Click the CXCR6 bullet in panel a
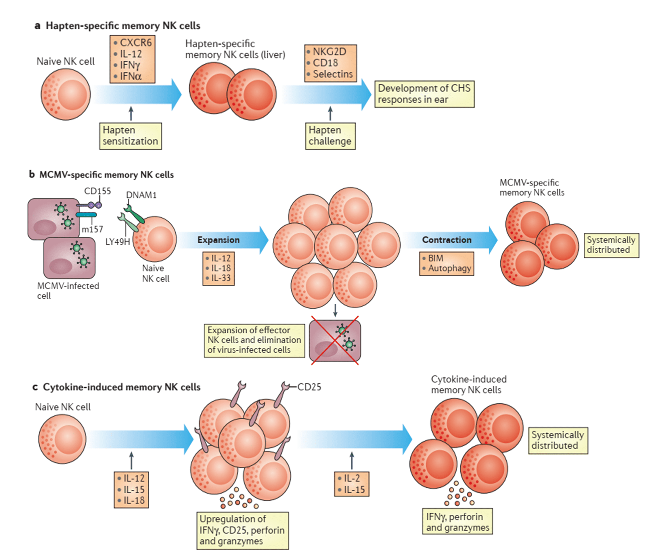pos(135,43)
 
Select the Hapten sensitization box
pos(131,136)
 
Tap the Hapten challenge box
pos(330,136)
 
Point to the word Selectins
pos(333,74)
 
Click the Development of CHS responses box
pos(424,94)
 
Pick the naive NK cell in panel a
pos(66,94)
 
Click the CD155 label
pos(97,191)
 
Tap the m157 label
pos(92,230)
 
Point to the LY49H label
pos(117,242)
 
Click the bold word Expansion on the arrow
pos(219,240)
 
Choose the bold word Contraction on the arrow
pos(447,240)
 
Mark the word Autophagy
pos(449,268)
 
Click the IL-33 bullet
pos(221,278)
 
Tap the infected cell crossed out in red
pos(335,341)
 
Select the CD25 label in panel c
pos(309,387)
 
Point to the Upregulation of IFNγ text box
pos(242,530)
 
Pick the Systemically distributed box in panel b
pos(611,245)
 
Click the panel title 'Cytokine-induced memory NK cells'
pos(122,387)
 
